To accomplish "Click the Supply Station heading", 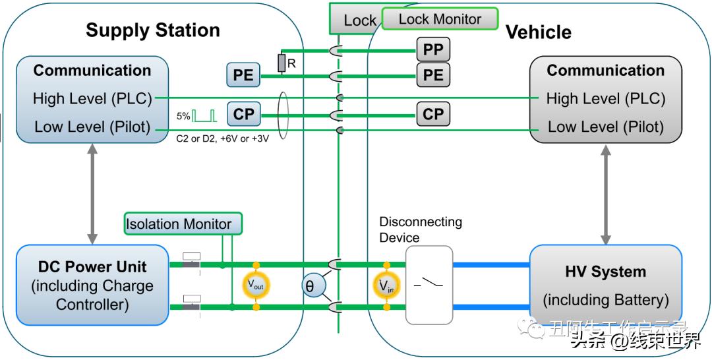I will [x=152, y=30].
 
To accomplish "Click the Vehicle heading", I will [x=538, y=32].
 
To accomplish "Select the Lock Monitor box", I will [x=440, y=19].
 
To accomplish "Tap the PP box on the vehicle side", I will [x=433, y=49].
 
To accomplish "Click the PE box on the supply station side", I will [x=243, y=75].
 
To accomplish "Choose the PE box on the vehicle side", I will [x=433, y=75].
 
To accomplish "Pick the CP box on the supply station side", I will [x=243, y=114].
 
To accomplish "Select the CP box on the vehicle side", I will [x=433, y=114].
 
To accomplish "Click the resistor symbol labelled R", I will [x=282, y=63].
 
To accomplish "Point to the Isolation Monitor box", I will [x=183, y=224].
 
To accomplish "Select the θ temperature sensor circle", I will [x=310, y=286].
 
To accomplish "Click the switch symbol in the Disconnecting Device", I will [x=429, y=285].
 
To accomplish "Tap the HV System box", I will [x=605, y=285].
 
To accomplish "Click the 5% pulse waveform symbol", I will [x=204, y=116].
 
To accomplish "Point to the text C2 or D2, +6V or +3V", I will [x=222, y=139].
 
